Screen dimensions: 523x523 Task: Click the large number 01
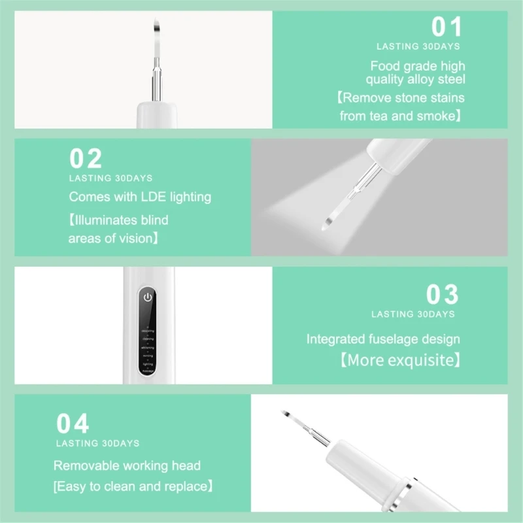tap(447, 27)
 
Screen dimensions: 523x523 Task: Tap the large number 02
tap(86, 159)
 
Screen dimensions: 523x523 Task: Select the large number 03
tap(443, 295)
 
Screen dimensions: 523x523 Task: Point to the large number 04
tap(72, 424)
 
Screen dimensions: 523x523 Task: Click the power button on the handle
tap(148, 297)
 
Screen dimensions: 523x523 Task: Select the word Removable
tap(85, 466)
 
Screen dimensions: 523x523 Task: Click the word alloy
tap(425, 80)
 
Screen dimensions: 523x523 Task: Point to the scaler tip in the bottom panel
tap(286, 415)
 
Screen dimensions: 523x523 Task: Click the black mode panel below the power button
tap(148, 343)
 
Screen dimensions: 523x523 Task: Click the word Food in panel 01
tap(384, 66)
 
